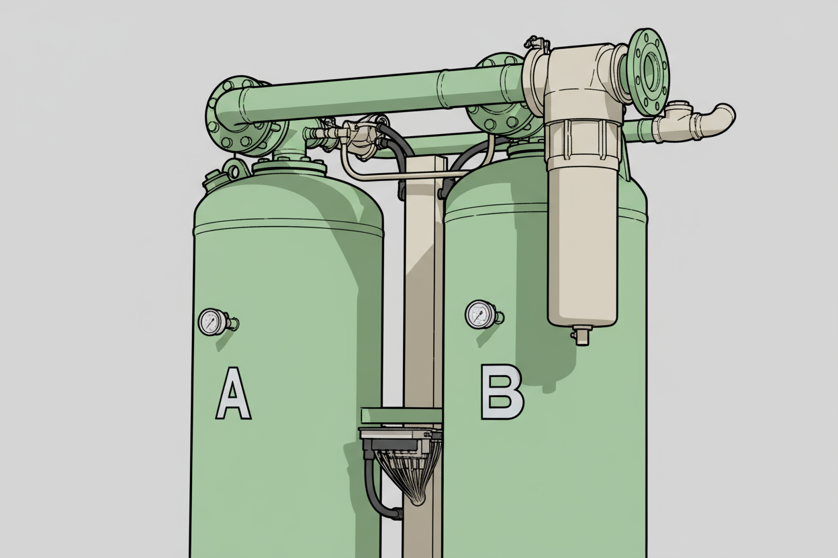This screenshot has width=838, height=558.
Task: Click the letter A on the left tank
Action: point(234,393)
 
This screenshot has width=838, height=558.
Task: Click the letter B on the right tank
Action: point(502,392)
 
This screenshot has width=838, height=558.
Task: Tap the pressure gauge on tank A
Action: point(212,322)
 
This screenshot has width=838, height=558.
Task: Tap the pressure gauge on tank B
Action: point(479,315)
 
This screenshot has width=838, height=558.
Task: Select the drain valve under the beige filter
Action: point(581,335)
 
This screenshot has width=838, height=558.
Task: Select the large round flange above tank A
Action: point(240,116)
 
